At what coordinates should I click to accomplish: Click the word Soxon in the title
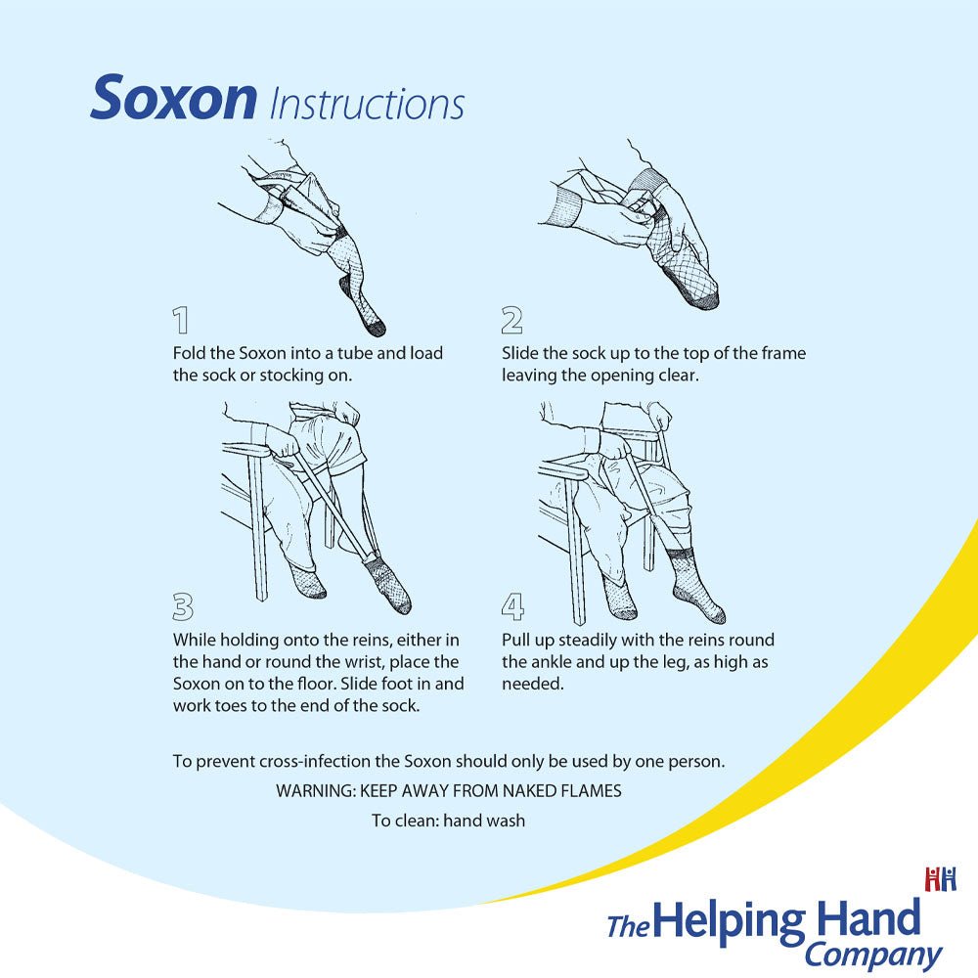[173, 98]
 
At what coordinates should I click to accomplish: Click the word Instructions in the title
[367, 105]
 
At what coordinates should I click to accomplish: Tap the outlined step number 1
[180, 321]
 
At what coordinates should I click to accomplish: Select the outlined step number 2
[511, 321]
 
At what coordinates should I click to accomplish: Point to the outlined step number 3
[182, 606]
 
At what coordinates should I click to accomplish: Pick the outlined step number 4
[512, 606]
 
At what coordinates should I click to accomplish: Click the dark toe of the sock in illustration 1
[377, 327]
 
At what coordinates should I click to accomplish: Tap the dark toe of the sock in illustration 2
[703, 299]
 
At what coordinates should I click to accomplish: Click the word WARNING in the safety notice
[316, 791]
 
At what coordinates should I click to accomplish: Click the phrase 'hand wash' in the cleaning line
[484, 821]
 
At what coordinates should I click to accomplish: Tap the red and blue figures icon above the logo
[941, 879]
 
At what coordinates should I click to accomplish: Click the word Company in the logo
[873, 956]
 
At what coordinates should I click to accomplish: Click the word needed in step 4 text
[532, 684]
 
